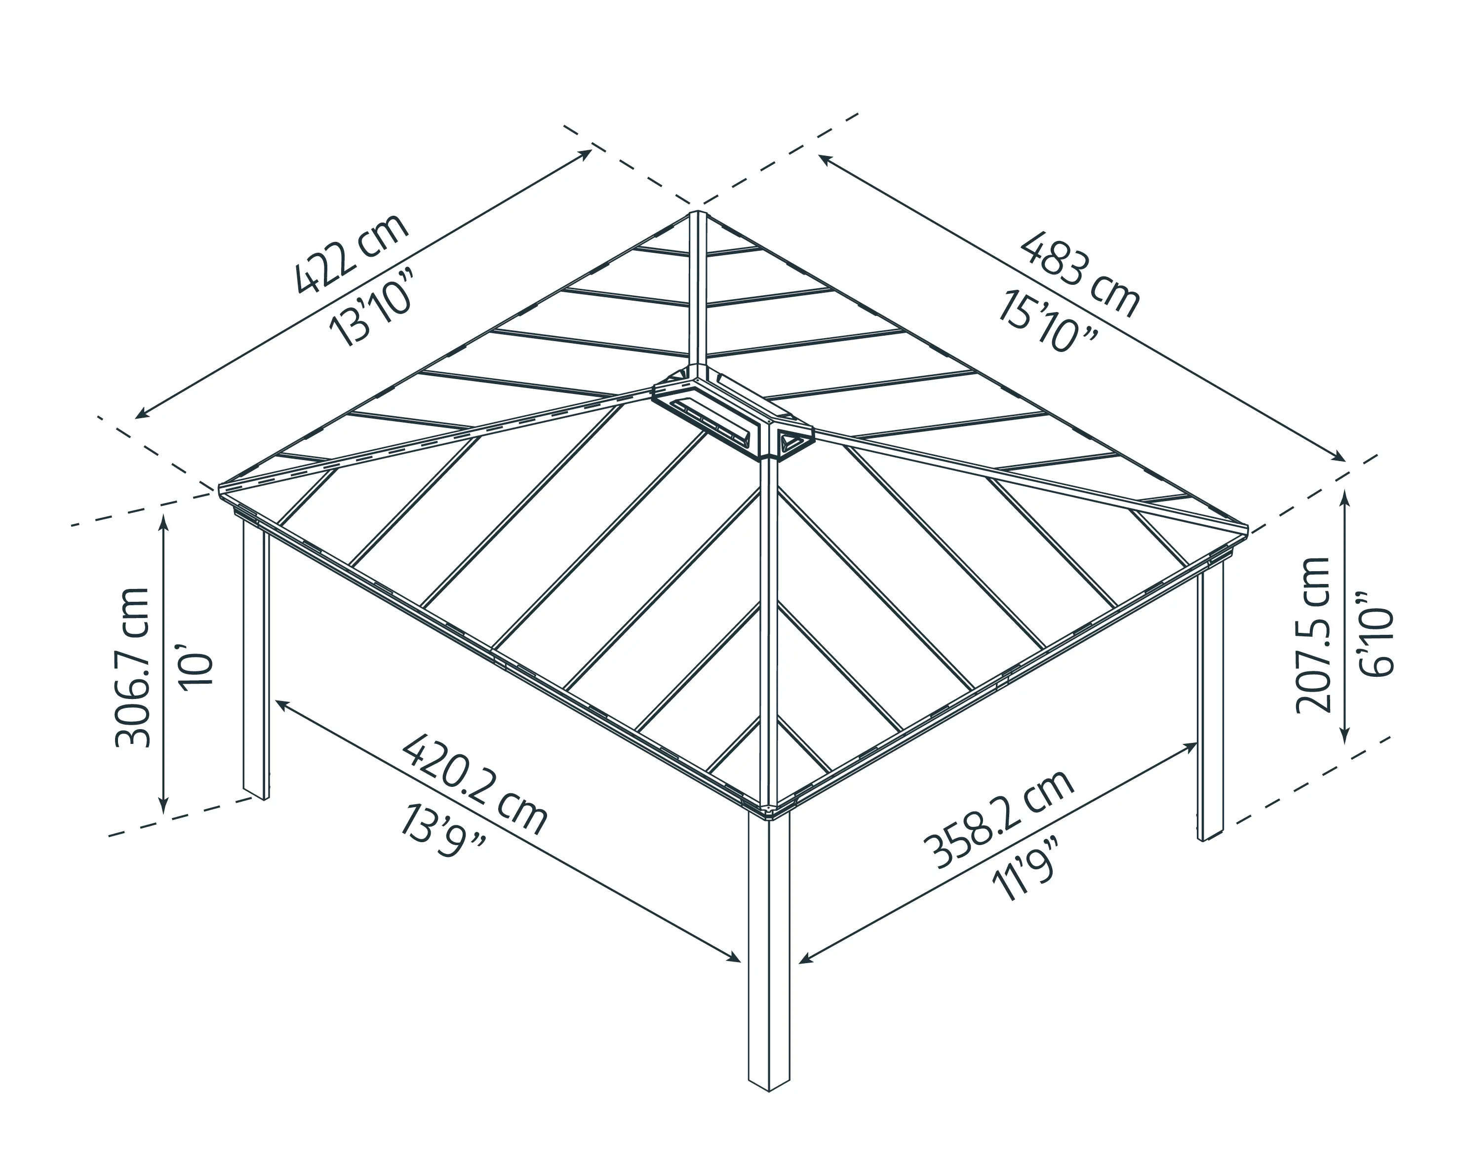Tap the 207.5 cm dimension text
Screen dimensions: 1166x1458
click(1313, 635)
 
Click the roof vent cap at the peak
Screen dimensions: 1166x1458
click(732, 414)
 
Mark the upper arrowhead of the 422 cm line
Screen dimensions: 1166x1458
click(587, 153)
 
